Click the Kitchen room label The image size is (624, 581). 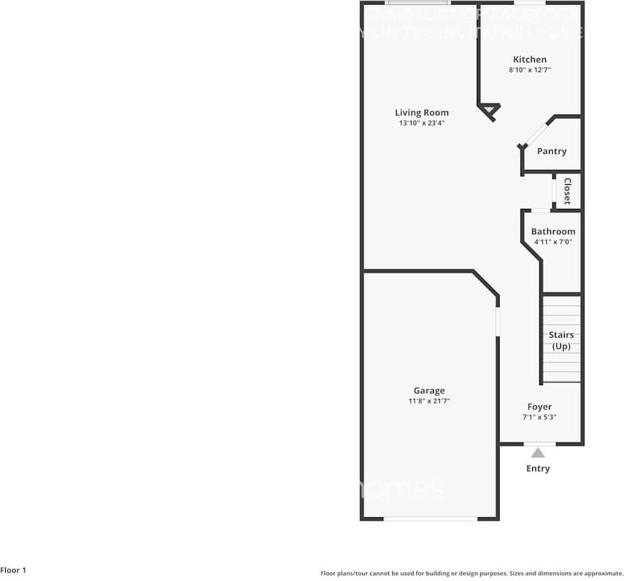pyautogui.click(x=530, y=59)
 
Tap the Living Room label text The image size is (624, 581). pyautogui.click(x=421, y=113)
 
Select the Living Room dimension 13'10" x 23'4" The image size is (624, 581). pyautogui.click(x=421, y=123)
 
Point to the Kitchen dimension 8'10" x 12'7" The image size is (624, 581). pyautogui.click(x=530, y=70)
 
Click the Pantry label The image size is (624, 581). pyautogui.click(x=552, y=151)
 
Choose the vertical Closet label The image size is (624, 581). pyautogui.click(x=567, y=191)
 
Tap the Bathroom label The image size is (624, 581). pyautogui.click(x=553, y=231)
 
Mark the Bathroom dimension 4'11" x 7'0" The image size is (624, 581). pyautogui.click(x=553, y=241)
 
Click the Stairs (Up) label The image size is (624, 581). pyautogui.click(x=561, y=340)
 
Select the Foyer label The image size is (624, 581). pyautogui.click(x=539, y=407)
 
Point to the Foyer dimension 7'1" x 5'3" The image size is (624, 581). pyautogui.click(x=539, y=417)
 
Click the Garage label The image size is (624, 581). pyautogui.click(x=429, y=390)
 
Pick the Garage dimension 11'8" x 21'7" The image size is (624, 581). pyautogui.click(x=429, y=401)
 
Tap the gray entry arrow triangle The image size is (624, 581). pyautogui.click(x=538, y=453)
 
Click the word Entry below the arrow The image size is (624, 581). pyautogui.click(x=538, y=468)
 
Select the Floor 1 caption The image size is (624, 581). pyautogui.click(x=14, y=571)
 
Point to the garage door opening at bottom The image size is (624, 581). pyautogui.click(x=430, y=519)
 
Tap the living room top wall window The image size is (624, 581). pyautogui.click(x=416, y=3)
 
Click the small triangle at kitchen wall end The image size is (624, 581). pyautogui.click(x=490, y=111)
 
